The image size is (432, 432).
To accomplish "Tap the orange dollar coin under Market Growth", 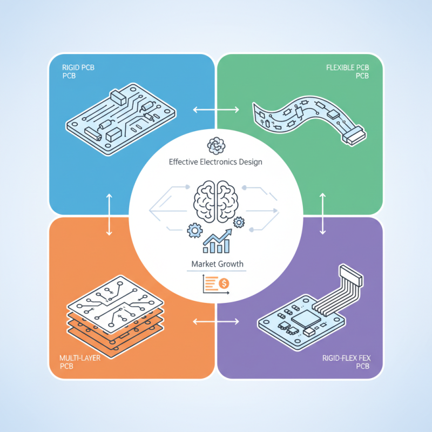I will (224, 282).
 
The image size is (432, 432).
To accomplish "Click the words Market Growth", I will (217, 265).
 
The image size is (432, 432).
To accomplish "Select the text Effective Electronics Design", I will (216, 161).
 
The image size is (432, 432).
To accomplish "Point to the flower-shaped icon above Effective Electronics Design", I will (215, 145).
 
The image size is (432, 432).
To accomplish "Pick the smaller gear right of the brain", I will (238, 221).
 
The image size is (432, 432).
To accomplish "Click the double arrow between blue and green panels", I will (216, 110).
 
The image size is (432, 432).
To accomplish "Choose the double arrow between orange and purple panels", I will (216, 322).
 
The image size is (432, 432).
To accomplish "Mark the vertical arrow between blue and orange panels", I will (110, 214).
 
